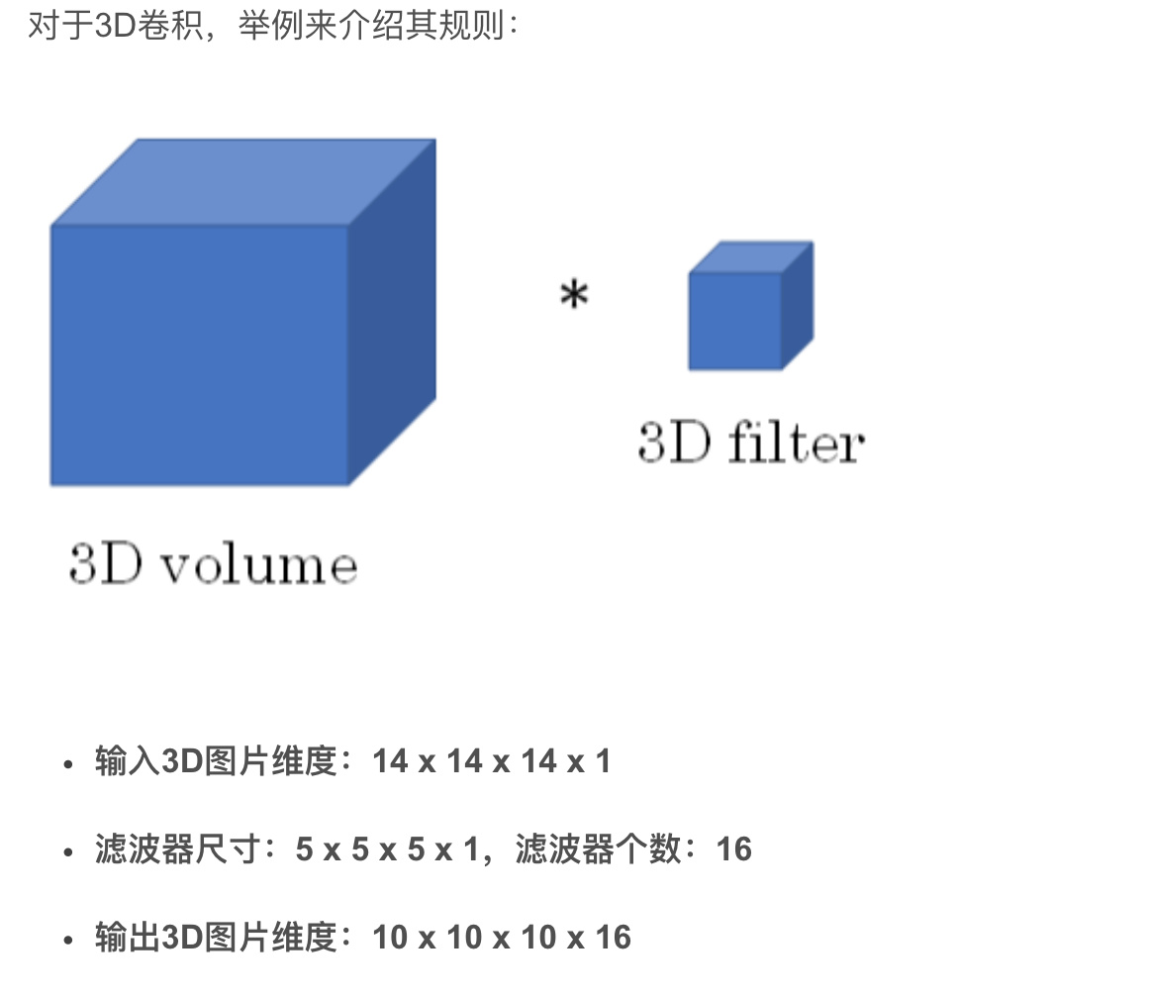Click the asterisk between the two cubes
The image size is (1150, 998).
point(574,295)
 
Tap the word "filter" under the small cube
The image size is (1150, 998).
point(796,444)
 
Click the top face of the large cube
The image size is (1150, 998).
point(242,182)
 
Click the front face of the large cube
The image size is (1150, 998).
point(199,355)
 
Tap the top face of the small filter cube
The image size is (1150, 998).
point(751,256)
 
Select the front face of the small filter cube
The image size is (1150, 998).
point(735,321)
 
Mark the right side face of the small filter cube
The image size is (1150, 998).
point(798,305)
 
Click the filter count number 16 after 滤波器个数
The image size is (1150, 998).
point(733,849)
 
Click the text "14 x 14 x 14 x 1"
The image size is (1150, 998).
point(492,761)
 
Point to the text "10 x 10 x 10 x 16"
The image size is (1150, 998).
point(502,938)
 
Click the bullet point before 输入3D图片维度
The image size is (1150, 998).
point(67,764)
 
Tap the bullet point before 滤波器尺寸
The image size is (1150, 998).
point(67,852)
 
